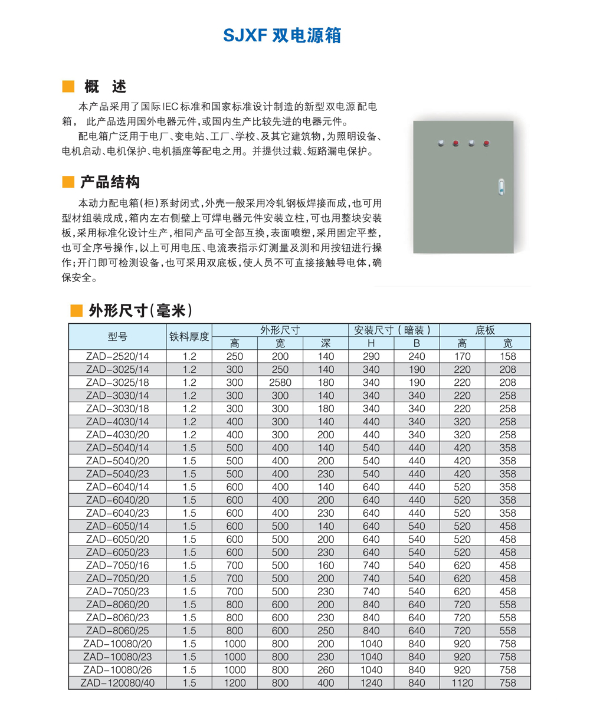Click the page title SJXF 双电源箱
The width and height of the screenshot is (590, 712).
pos(282,35)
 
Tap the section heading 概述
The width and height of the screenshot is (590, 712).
pos(105,87)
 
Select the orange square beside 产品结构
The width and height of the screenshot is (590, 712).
pos(68,182)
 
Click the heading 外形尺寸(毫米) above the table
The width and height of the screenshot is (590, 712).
pos(140,310)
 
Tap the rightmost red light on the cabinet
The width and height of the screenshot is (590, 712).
pos(486,143)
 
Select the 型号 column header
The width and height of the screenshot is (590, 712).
pos(117,337)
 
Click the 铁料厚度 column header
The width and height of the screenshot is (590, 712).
pos(189,337)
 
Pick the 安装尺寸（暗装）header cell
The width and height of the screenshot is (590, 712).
pos(394,330)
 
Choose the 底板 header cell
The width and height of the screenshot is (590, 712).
pos(485,330)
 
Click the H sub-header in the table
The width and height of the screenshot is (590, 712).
pos(371,343)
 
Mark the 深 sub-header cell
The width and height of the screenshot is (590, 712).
pos(326,343)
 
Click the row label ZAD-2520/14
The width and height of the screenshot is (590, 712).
pos(117,356)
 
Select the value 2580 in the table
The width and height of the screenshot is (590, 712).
pos(280,382)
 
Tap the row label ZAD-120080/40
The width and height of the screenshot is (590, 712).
pos(117,683)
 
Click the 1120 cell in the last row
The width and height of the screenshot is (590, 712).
pos(463,683)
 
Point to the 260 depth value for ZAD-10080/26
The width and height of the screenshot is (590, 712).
pos(326,670)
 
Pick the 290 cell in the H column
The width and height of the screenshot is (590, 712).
pos(371,356)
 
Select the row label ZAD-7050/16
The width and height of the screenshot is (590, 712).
pos(117,566)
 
